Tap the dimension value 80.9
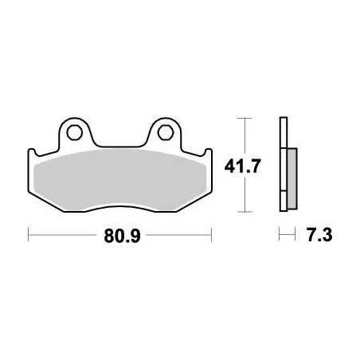point(119,236)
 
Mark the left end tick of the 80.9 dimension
point(29,236)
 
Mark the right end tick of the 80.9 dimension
point(211,236)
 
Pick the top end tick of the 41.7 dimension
point(245,119)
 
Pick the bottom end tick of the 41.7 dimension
point(245,212)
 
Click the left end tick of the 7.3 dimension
point(280,236)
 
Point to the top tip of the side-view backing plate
point(282,120)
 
